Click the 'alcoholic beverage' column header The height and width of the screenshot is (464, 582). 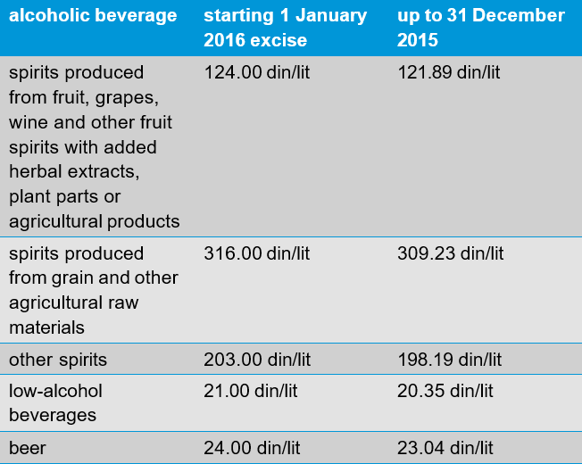click(93, 16)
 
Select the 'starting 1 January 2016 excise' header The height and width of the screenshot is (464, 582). click(285, 28)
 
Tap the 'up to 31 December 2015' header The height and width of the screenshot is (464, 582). click(480, 28)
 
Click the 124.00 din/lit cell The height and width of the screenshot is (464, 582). click(257, 72)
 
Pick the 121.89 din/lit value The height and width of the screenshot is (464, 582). click(449, 72)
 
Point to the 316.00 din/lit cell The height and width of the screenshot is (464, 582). click(257, 253)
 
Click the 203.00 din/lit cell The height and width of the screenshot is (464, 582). click(257, 360)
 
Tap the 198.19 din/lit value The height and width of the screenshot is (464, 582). click(449, 360)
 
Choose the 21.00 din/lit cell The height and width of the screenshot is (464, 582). click(251, 391)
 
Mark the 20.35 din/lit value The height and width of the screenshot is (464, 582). click(444, 391)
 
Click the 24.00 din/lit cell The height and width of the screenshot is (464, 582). click(251, 448)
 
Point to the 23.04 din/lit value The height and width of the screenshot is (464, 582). click(444, 448)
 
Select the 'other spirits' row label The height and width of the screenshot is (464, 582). click(58, 360)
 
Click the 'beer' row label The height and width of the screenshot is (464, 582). click(28, 448)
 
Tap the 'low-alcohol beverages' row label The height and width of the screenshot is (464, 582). click(55, 402)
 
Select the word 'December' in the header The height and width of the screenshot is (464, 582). click(522, 16)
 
